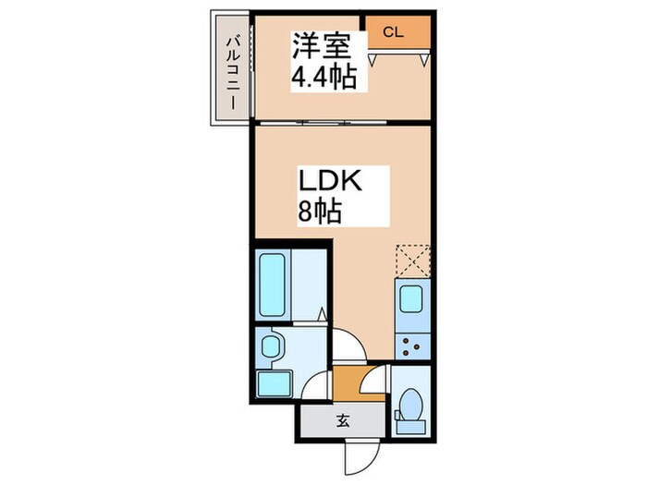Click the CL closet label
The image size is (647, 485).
coord(393,32)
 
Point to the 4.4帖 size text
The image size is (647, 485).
coord(323,78)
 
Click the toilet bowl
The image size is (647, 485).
coord(409,405)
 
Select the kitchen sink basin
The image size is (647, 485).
coord(409,299)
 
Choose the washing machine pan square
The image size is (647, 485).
coord(274,383)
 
